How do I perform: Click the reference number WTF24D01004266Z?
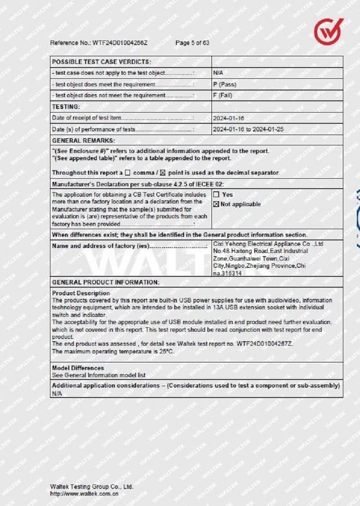point(120,43)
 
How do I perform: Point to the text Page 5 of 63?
point(192,43)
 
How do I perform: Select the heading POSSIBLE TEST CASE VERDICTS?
point(102,62)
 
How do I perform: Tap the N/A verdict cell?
point(218,73)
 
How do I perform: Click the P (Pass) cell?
point(225,84)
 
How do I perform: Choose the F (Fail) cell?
point(223,95)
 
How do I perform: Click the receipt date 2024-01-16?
point(229,118)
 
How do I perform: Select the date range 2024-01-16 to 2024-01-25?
point(248,129)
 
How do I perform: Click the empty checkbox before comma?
point(127,173)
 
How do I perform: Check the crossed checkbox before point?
point(163,173)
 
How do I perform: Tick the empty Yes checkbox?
point(216,195)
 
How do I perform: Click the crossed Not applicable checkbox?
point(216,204)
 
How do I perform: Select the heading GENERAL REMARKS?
point(83,140)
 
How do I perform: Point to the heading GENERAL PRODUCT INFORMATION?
point(106,282)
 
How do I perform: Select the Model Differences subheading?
point(78,368)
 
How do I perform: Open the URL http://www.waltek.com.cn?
point(84,493)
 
